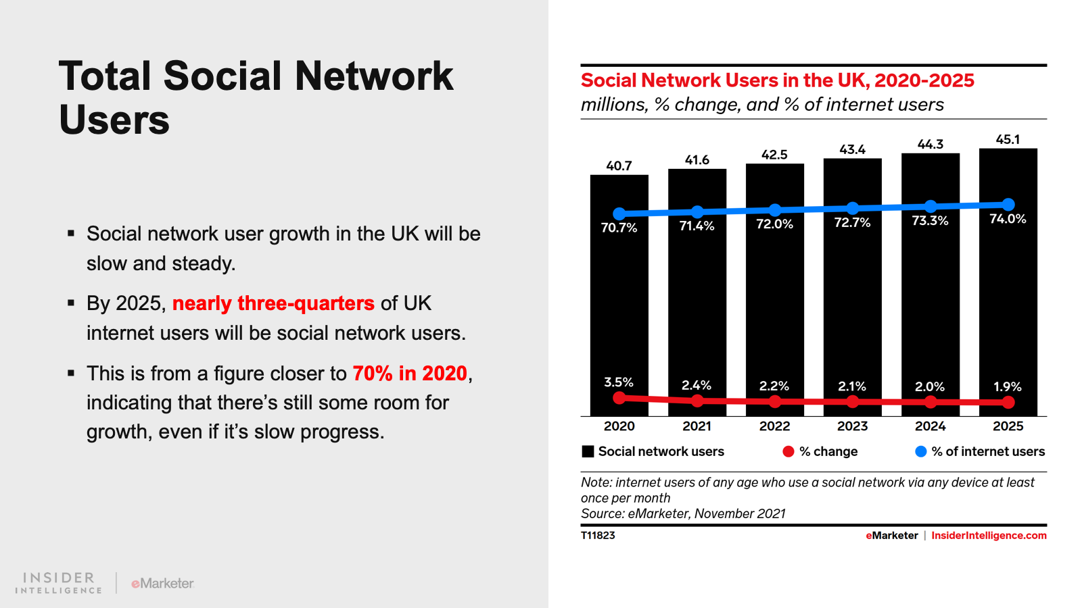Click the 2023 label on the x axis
(x=852, y=426)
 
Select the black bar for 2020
(x=619, y=304)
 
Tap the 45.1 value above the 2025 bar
(x=1008, y=140)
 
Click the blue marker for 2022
(x=775, y=210)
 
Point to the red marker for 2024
(x=931, y=402)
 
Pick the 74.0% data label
(x=1008, y=219)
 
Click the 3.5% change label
(x=619, y=382)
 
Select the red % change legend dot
(x=788, y=451)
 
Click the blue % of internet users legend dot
(x=920, y=451)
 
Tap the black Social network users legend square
(x=588, y=451)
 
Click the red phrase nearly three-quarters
(x=273, y=303)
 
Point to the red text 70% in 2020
(x=410, y=374)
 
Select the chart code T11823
(x=598, y=536)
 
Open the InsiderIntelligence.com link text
(x=989, y=536)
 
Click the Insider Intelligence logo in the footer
(x=59, y=583)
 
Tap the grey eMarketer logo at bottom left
(x=162, y=583)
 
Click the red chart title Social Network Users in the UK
(x=777, y=80)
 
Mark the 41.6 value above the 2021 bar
(x=697, y=160)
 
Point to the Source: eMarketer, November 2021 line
(x=683, y=513)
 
